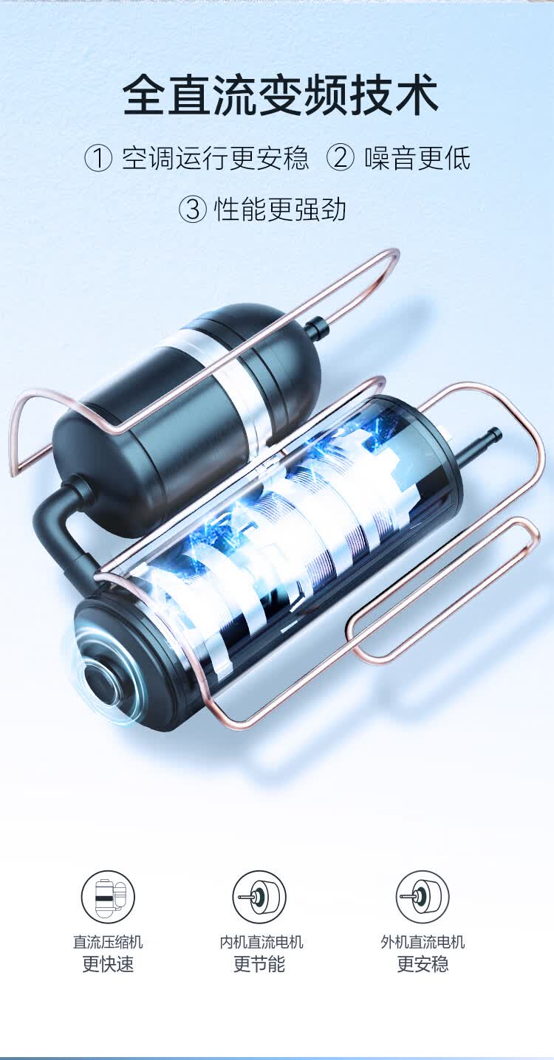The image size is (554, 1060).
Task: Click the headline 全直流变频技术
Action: (x=280, y=94)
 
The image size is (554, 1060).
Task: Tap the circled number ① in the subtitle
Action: (x=98, y=159)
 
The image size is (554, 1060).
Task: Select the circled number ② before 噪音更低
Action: (x=340, y=159)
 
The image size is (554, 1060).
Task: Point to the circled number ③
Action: (x=193, y=209)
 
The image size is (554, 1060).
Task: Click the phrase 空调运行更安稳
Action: (x=216, y=159)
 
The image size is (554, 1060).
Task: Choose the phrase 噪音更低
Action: (x=417, y=159)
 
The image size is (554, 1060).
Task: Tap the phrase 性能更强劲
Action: (x=280, y=209)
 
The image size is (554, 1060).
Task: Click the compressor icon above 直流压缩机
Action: (x=108, y=896)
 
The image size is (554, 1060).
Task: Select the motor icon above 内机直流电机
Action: (x=259, y=896)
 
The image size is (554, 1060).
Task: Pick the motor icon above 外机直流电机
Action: (x=423, y=896)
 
